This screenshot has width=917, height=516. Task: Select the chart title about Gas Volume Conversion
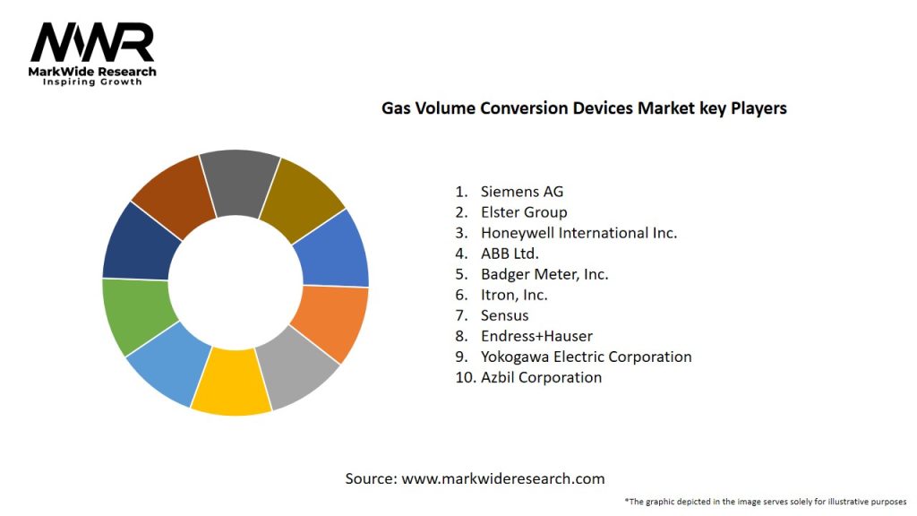click(x=584, y=108)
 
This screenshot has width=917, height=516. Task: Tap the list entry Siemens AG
click(x=522, y=191)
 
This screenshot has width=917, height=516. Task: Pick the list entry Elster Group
click(x=524, y=212)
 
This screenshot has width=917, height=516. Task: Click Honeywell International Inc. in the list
click(x=578, y=233)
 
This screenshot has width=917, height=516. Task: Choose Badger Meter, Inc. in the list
click(x=544, y=274)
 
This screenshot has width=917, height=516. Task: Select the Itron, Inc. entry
click(x=514, y=295)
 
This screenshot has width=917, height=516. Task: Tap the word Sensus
click(x=504, y=315)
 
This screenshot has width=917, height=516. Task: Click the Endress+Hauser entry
click(x=536, y=336)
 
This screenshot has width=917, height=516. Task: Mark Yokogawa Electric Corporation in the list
click(x=586, y=357)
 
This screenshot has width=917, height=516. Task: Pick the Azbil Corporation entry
click(x=541, y=377)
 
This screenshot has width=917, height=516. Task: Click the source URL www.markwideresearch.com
click(x=502, y=478)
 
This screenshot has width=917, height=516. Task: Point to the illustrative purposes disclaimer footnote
click(x=766, y=501)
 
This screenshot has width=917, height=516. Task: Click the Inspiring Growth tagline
click(x=92, y=82)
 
